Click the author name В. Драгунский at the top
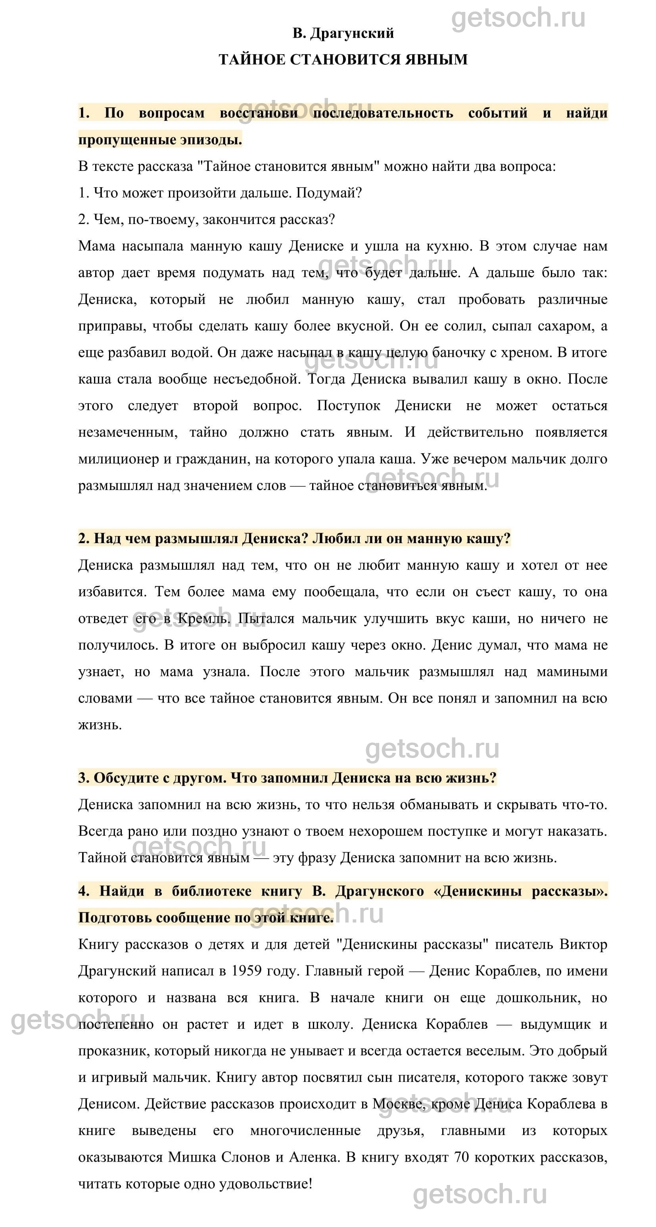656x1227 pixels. [x=343, y=33]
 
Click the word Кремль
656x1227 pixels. [x=203, y=619]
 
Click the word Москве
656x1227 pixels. [x=394, y=1104]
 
